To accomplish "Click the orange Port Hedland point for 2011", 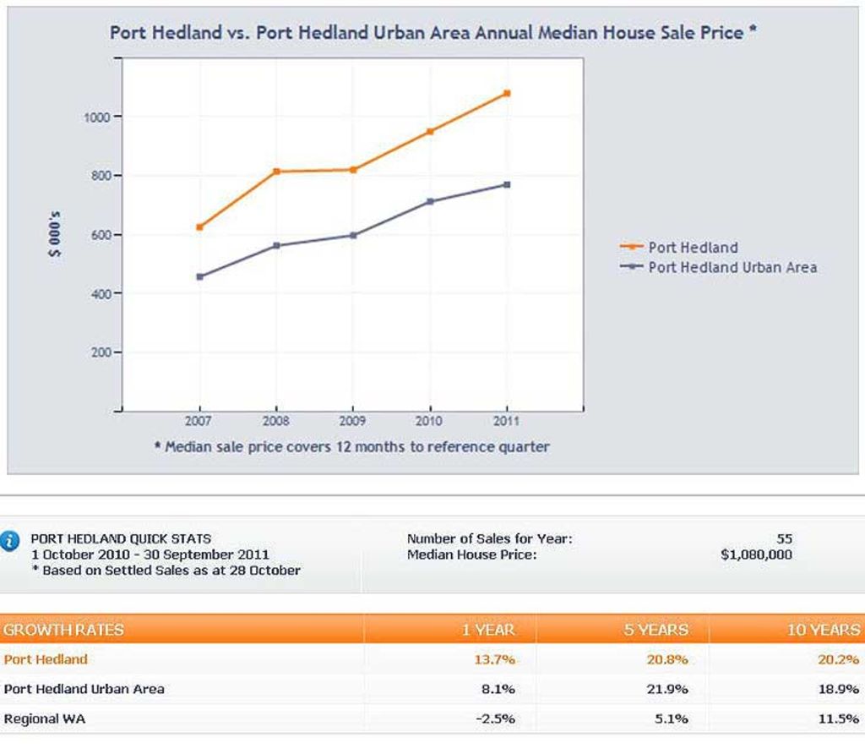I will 507,93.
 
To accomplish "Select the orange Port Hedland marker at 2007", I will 199,227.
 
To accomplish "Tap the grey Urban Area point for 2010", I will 430,201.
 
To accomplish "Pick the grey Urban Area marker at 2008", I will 276,246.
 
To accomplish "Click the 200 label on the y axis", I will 100,352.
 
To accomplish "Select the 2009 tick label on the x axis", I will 352,421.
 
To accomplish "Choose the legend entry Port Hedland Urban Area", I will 732,267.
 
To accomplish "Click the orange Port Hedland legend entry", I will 693,248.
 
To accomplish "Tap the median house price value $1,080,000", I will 756,555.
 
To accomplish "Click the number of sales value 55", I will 784,538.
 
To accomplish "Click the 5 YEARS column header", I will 656,630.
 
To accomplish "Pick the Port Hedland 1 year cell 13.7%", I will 498,659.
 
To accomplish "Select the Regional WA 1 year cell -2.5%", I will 497,719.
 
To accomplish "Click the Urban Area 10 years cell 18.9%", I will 838,689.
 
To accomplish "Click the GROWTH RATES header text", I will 63,630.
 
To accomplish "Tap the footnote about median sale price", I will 351,447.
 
